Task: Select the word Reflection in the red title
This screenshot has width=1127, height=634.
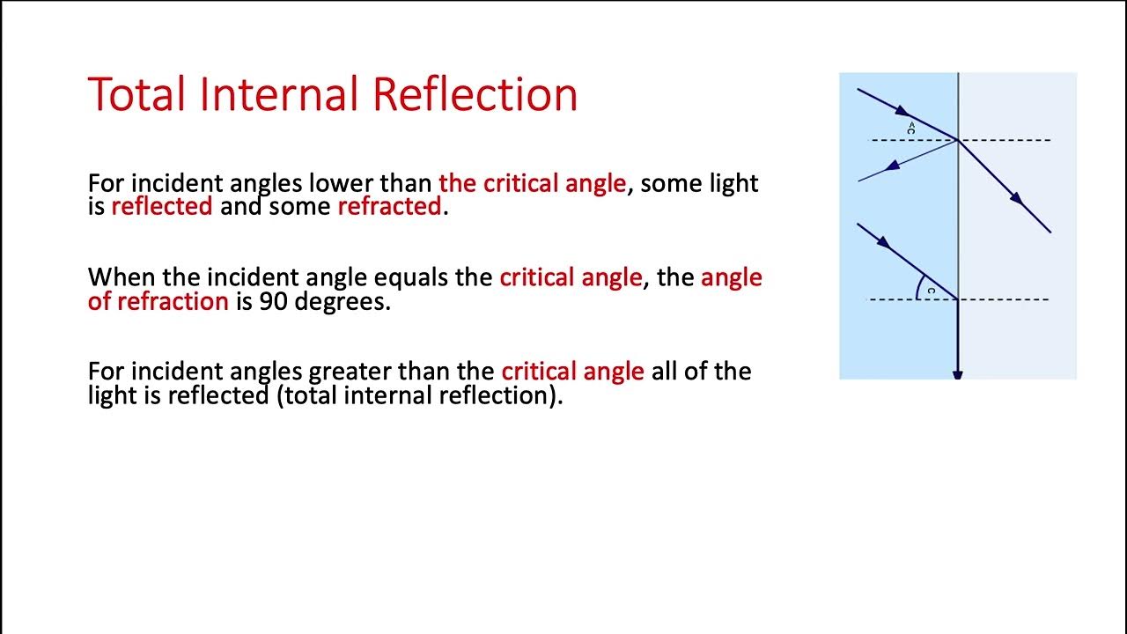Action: (475, 94)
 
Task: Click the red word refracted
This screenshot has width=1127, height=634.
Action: (389, 206)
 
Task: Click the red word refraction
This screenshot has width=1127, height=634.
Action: (173, 301)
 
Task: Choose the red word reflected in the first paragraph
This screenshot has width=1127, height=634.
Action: (162, 206)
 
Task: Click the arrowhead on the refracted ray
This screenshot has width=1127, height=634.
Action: (1017, 199)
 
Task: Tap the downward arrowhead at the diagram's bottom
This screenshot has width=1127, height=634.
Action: (958, 375)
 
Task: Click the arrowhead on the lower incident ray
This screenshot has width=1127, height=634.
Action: (882, 242)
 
